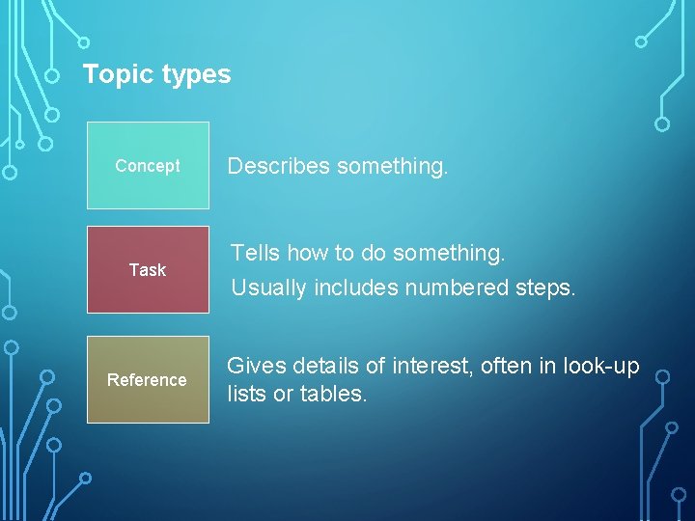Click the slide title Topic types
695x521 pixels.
[x=156, y=74]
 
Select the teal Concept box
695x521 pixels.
[x=148, y=165]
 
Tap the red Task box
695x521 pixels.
[x=148, y=269]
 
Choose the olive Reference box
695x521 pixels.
[x=148, y=379]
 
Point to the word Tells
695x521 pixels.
[x=255, y=253]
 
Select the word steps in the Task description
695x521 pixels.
[x=547, y=288]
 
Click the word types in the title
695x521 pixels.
[x=197, y=74]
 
